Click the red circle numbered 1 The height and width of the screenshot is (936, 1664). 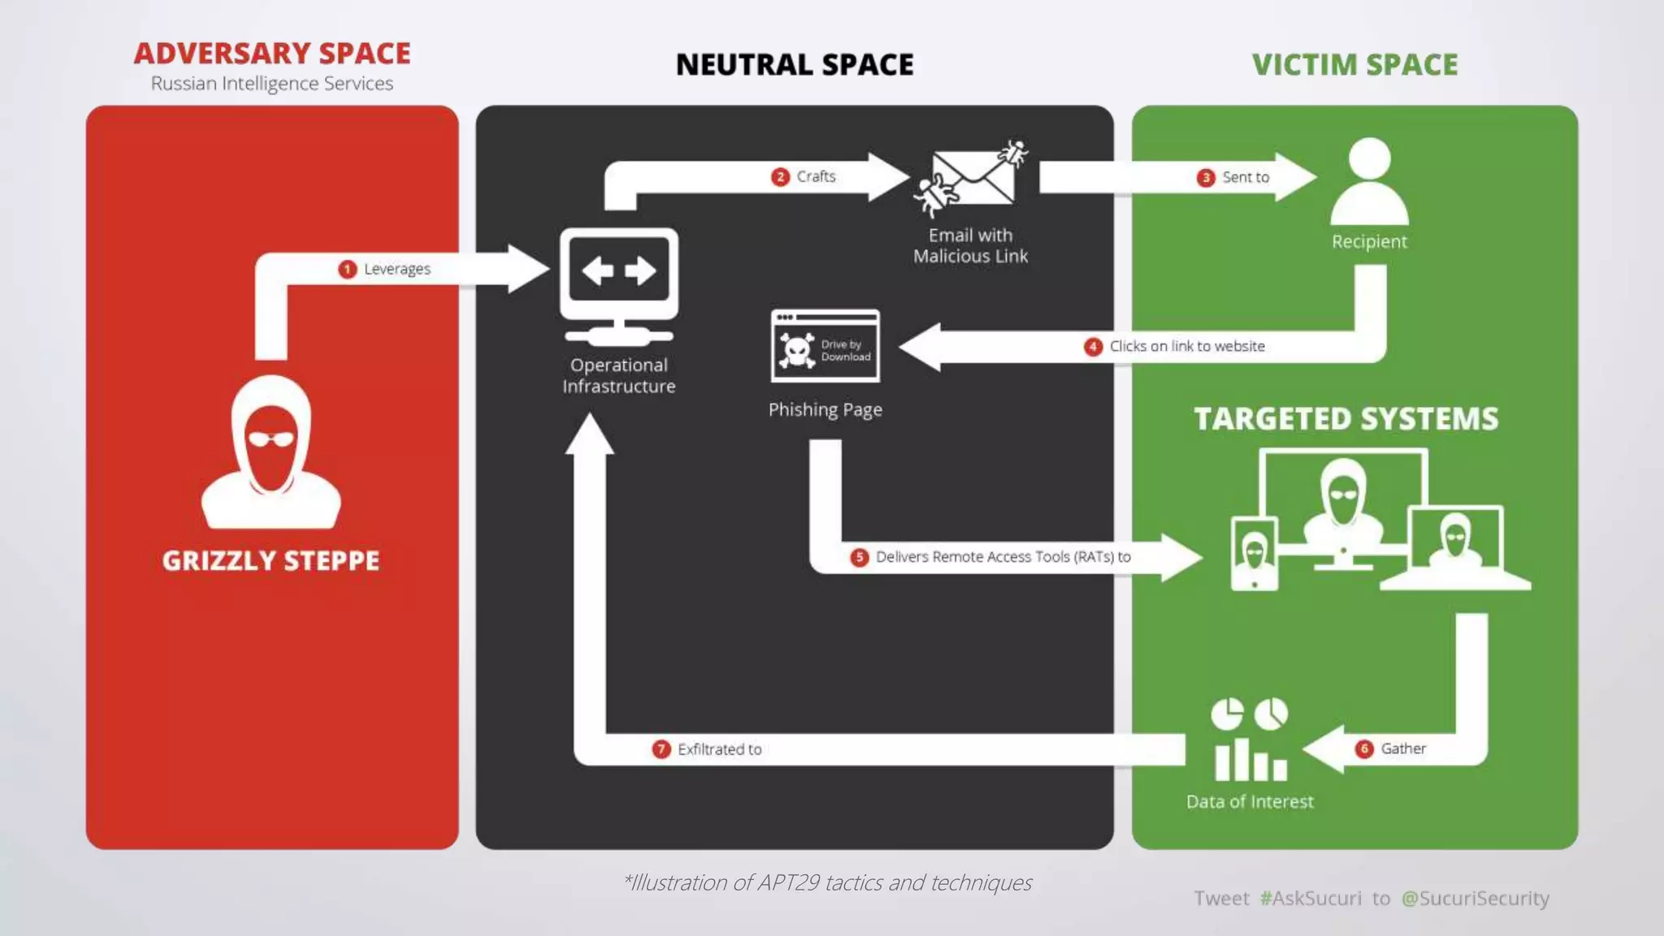coord(347,269)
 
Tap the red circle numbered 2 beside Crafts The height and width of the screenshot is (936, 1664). coord(780,176)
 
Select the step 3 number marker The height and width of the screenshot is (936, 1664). coord(1206,177)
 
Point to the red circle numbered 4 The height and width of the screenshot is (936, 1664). coord(1093,346)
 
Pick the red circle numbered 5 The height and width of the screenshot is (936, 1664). coord(859,557)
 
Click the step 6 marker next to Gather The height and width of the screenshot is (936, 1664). coord(1364,748)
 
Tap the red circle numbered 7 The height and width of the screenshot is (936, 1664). coord(661,748)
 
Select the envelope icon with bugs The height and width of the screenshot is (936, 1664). coord(971,179)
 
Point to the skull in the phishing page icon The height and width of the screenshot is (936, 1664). coord(796,350)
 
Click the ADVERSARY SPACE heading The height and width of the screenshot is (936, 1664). coord(272,54)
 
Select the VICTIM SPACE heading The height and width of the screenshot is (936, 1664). coord(1354,65)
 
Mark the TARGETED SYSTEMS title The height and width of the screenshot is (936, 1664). coord(1345,418)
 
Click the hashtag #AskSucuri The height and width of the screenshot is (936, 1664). coord(1311,898)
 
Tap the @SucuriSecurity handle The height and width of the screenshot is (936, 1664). coord(1475,898)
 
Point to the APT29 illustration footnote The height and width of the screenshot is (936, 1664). coord(828,882)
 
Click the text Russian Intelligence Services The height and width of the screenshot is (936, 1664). coord(272,84)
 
